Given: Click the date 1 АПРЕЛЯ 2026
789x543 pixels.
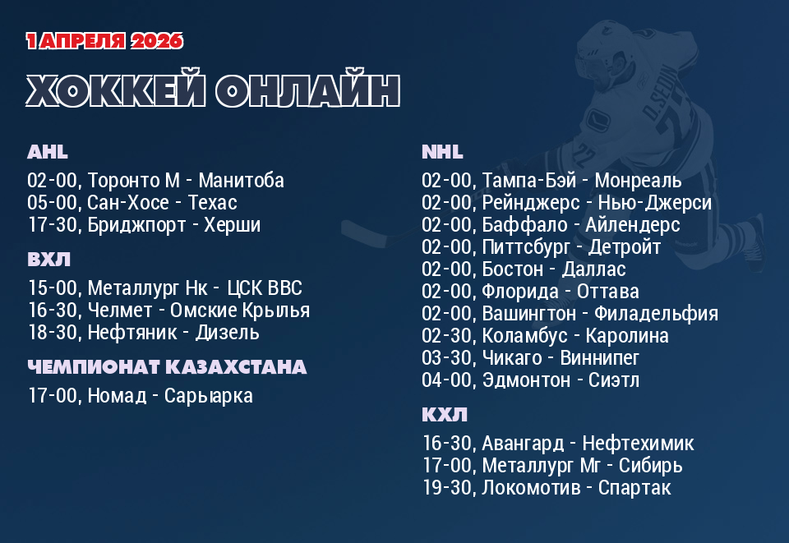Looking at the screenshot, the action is pyautogui.click(x=104, y=41).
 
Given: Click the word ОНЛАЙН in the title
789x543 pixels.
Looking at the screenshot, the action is pyautogui.click(x=308, y=91).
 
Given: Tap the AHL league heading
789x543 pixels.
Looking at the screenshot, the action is pyautogui.click(x=48, y=152).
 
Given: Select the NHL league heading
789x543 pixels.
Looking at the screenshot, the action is pyautogui.click(x=442, y=152).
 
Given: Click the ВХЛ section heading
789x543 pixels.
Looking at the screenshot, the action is pyautogui.click(x=48, y=260).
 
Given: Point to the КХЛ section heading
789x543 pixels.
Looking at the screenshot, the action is pyautogui.click(x=445, y=415).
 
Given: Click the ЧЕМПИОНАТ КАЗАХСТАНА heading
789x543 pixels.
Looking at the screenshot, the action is pyautogui.click(x=167, y=367).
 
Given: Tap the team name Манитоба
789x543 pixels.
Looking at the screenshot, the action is pyautogui.click(x=242, y=181).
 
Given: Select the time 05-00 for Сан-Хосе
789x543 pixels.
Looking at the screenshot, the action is pyautogui.click(x=53, y=203).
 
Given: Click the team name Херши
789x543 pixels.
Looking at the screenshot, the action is pyautogui.click(x=233, y=225).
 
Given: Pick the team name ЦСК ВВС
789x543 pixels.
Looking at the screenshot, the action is pyautogui.click(x=265, y=288).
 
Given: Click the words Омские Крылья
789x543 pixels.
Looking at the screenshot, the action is pyautogui.click(x=240, y=311).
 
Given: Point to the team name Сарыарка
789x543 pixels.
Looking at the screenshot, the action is pyautogui.click(x=209, y=396).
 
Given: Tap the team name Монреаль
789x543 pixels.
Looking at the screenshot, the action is pyautogui.click(x=639, y=181).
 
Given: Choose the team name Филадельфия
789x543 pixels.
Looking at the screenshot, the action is pyautogui.click(x=657, y=314).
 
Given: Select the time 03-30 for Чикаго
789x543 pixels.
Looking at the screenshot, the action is pyautogui.click(x=447, y=358).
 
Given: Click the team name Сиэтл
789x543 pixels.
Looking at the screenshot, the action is pyautogui.click(x=614, y=380).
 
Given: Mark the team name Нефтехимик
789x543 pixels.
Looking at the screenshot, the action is pyautogui.click(x=638, y=444).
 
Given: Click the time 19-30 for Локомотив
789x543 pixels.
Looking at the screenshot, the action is pyautogui.click(x=447, y=488).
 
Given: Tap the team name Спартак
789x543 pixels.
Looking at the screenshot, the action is pyautogui.click(x=634, y=488).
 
